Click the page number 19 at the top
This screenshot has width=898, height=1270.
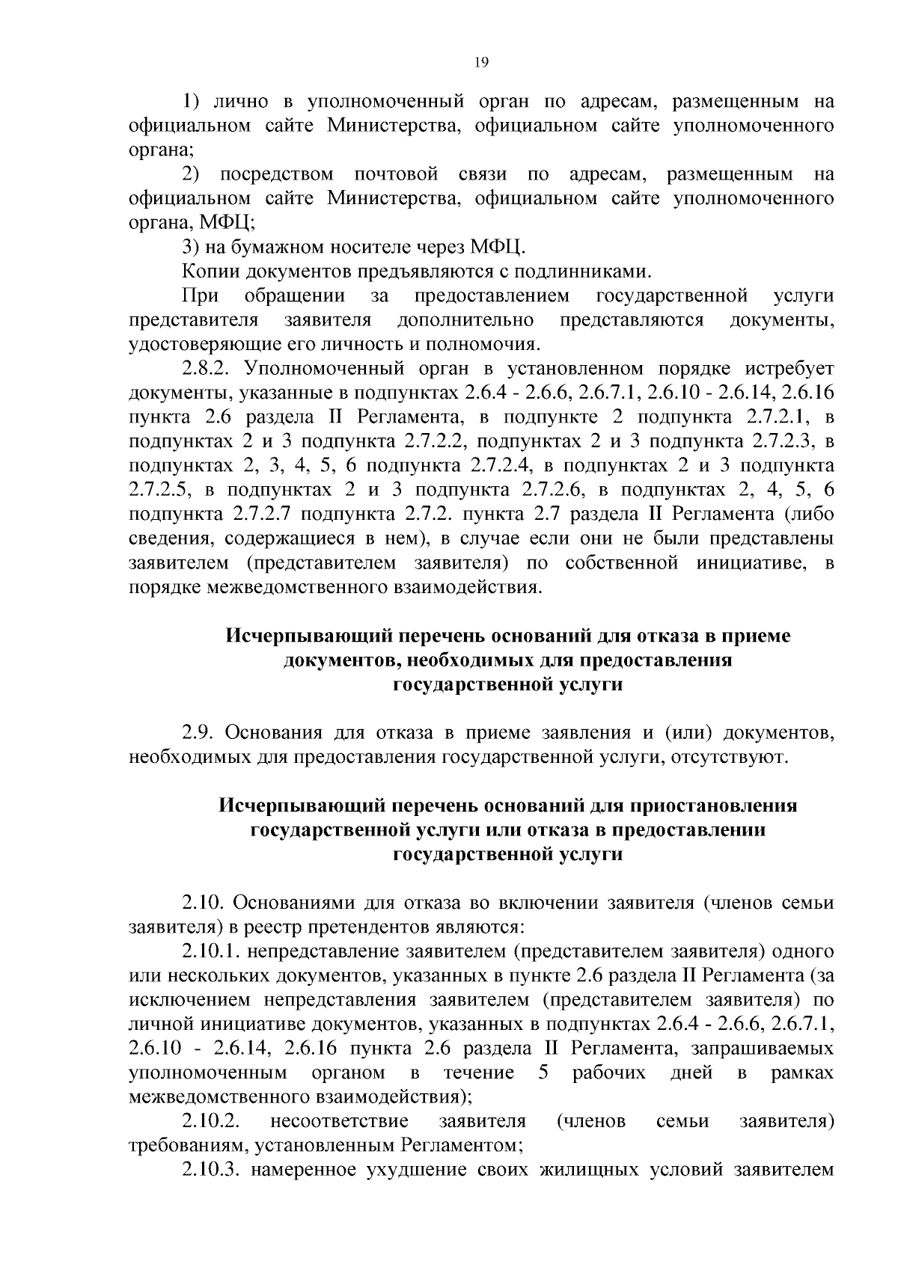(481, 64)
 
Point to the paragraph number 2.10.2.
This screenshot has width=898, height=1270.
(210, 1121)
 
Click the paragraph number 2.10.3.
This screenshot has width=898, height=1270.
(210, 1170)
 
